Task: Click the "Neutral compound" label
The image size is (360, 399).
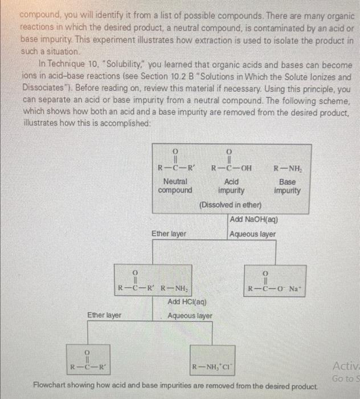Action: [175, 185]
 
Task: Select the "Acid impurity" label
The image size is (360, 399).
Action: [231, 185]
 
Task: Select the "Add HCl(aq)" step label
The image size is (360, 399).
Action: [187, 302]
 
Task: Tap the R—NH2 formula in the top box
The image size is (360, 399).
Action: [284, 168]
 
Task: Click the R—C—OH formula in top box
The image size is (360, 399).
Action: [231, 168]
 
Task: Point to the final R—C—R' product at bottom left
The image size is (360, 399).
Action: [87, 365]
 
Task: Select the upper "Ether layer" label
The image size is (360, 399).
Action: [169, 234]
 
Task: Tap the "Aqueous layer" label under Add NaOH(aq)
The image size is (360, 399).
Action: [253, 234]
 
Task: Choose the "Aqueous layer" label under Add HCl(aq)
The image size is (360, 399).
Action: [190, 315]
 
